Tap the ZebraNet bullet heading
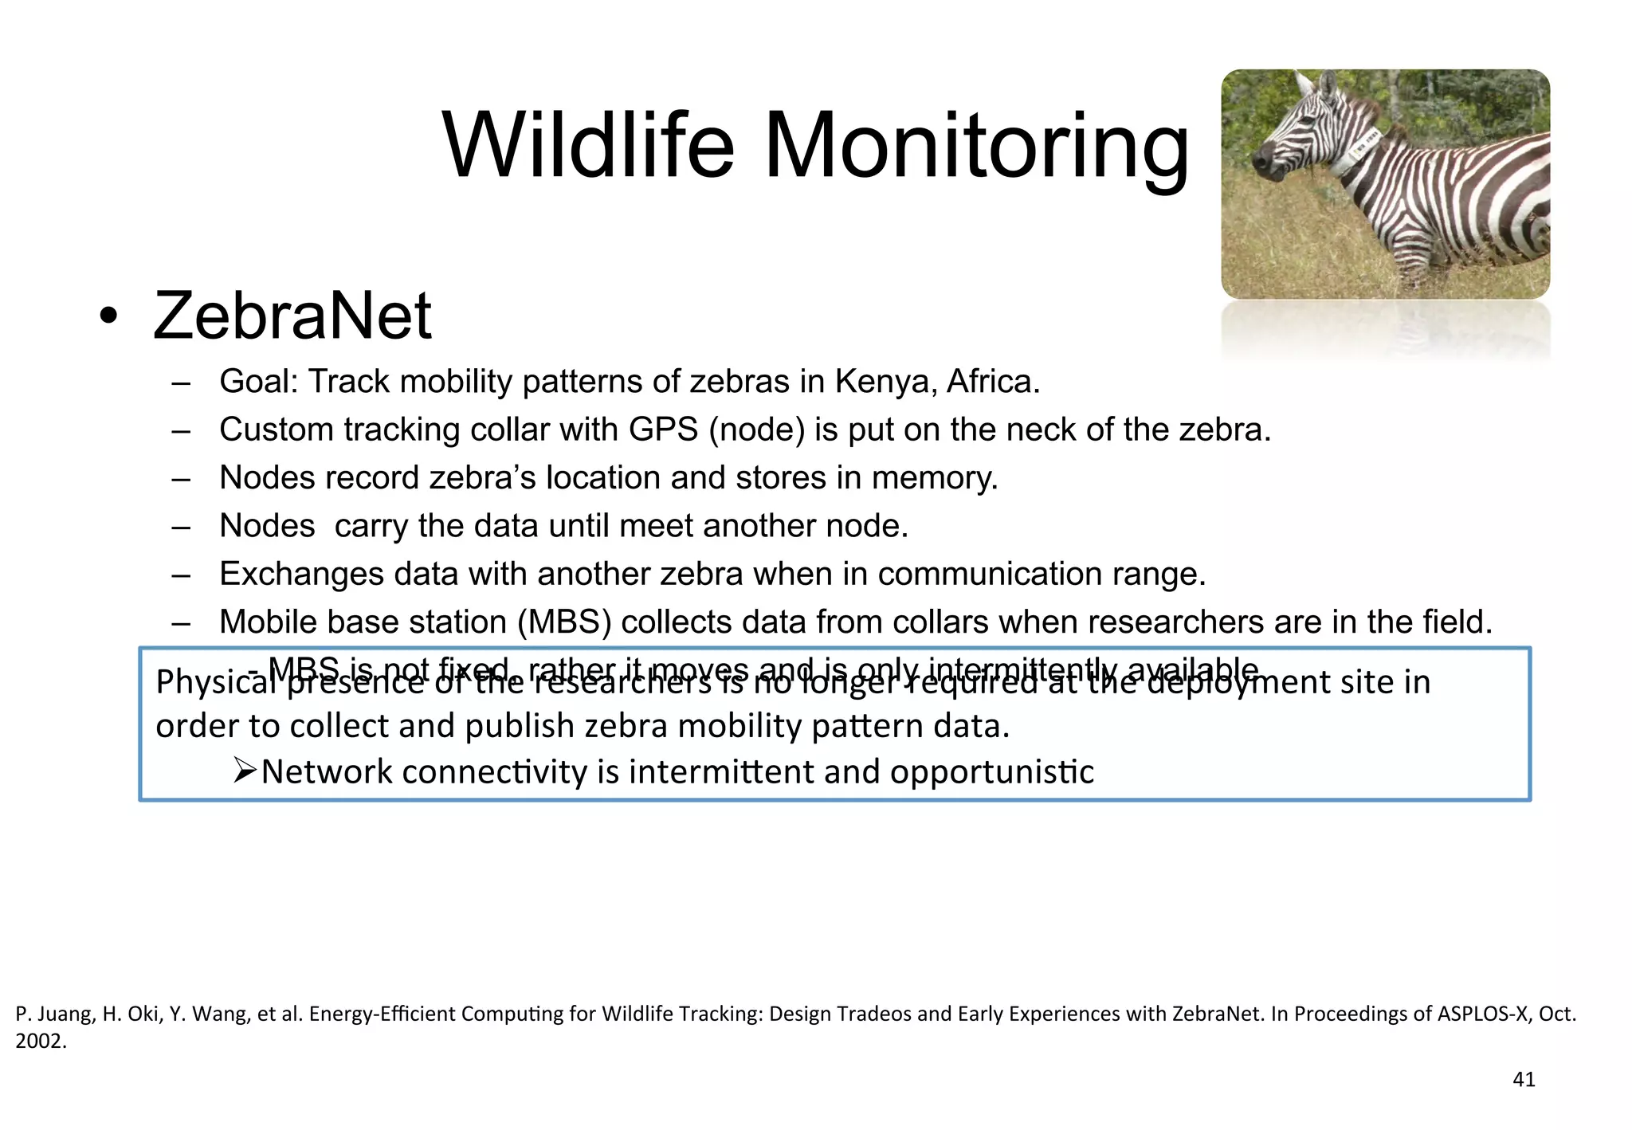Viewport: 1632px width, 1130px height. (x=292, y=316)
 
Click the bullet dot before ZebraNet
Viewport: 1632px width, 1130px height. (x=108, y=317)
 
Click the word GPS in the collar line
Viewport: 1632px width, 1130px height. (x=663, y=430)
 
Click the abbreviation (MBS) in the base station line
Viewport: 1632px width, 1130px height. (x=564, y=622)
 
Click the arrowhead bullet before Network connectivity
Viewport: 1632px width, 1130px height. (x=244, y=771)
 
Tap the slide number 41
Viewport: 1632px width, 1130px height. (x=1523, y=1079)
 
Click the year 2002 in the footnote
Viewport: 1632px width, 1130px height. (x=40, y=1041)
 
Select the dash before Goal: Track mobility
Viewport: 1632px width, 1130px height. (x=181, y=383)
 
